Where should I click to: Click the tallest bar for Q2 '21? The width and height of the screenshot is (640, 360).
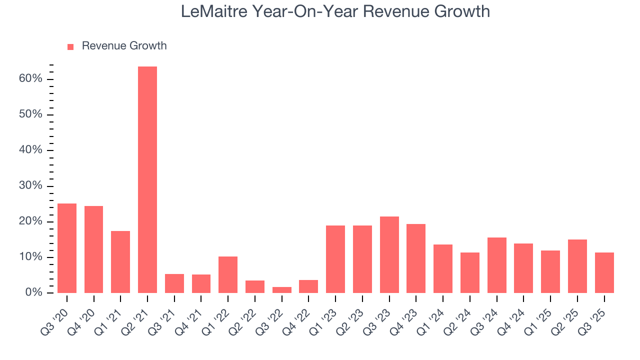(x=147, y=180)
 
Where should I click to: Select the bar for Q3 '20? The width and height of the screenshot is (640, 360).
(x=67, y=248)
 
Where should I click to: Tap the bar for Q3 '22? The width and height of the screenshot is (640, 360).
(x=282, y=290)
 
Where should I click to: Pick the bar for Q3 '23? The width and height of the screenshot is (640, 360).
(x=389, y=254)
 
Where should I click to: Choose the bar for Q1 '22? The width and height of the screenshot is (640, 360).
(x=228, y=274)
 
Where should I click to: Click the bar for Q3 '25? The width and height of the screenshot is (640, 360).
(x=604, y=272)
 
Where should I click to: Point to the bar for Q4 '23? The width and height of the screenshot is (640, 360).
(x=416, y=258)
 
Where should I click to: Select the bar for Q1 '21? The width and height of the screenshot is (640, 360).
(x=120, y=262)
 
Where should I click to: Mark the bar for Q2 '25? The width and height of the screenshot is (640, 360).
(x=577, y=266)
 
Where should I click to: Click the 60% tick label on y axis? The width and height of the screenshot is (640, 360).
(x=31, y=79)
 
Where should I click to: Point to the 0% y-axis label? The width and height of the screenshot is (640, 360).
(x=34, y=293)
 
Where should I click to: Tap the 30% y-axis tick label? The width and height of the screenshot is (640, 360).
(x=31, y=186)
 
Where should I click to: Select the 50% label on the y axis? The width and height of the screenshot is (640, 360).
(x=31, y=114)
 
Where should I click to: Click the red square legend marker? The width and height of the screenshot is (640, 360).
(x=70, y=46)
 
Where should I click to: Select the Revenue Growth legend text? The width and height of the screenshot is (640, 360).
(x=124, y=46)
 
